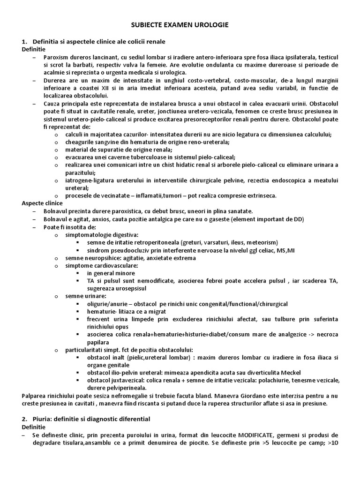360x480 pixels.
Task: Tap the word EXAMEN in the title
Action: (x=179, y=24)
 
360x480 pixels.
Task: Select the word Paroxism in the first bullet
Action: (x=55, y=57)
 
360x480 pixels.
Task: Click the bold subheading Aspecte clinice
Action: (x=41, y=203)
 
